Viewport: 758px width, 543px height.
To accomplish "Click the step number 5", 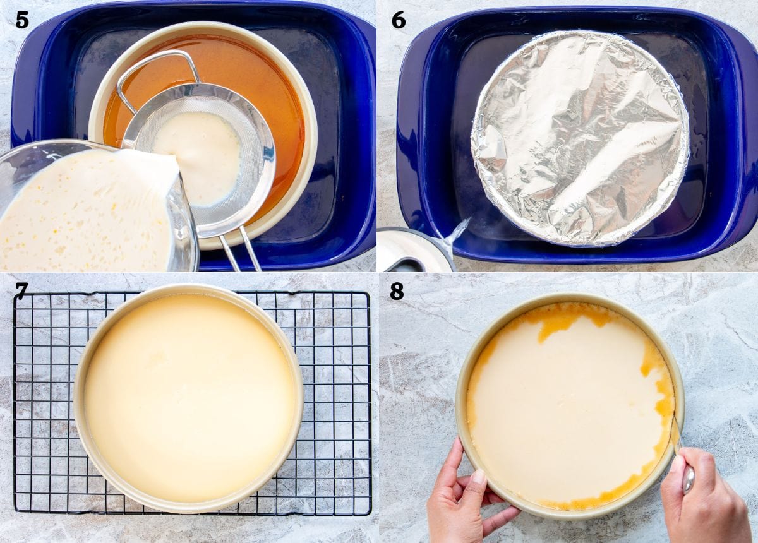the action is (x=22, y=21).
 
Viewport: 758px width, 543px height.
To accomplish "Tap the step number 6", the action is (x=399, y=21).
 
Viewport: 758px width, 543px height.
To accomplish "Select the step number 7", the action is (x=21, y=291).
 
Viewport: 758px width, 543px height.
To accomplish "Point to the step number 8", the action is (x=397, y=291).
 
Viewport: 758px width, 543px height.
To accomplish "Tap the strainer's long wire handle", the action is (x=240, y=251).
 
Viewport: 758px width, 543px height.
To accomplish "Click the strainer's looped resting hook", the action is (x=157, y=78).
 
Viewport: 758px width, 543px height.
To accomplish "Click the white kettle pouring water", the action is (x=416, y=251).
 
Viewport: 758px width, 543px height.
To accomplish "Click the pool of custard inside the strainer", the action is (x=197, y=157).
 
